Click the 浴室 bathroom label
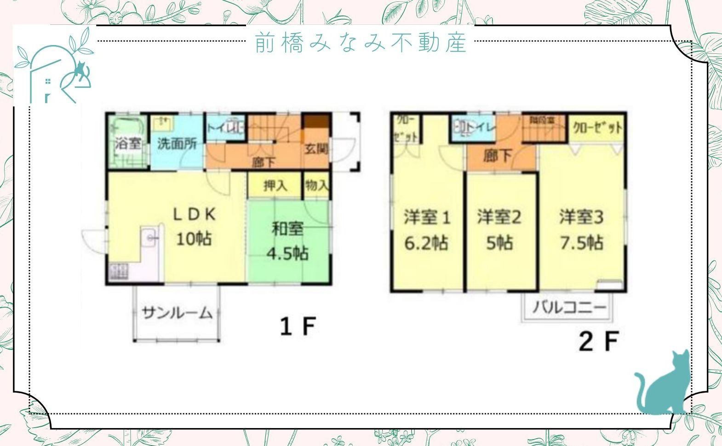[128, 143]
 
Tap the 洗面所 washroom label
[177, 143]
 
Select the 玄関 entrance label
[316, 149]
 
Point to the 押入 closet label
[275, 186]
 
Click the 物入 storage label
[317, 185]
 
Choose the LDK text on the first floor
[194, 214]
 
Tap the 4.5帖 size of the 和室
[288, 253]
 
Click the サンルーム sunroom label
[177, 313]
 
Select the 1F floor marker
[298, 326]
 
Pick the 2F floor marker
[598, 341]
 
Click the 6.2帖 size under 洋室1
[426, 243]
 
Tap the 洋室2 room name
[499, 217]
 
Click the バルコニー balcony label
[569, 307]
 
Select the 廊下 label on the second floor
[498, 155]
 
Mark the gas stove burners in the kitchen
[119, 271]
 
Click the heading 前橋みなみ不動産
[361, 42]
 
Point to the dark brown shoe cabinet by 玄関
[316, 122]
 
